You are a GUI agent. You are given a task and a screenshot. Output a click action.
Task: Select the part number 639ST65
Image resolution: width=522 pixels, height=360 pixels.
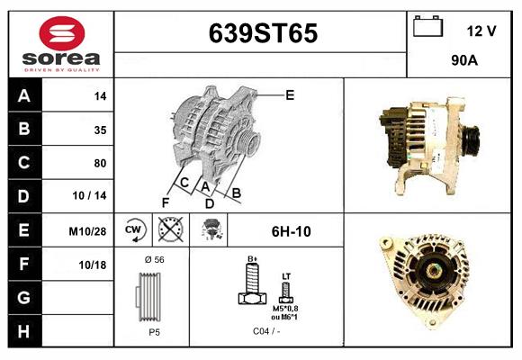point(263,34)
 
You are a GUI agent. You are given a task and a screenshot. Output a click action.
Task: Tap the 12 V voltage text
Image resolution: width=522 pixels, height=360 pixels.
point(481,31)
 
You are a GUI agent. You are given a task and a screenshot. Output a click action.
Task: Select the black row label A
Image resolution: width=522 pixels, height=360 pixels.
point(23,96)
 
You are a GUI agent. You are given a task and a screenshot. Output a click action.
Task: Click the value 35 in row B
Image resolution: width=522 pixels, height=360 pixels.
point(100,130)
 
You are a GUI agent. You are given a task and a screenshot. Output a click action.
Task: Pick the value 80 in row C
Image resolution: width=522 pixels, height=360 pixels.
point(100,163)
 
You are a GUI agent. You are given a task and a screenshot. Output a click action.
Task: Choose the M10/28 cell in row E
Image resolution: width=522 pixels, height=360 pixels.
point(88,231)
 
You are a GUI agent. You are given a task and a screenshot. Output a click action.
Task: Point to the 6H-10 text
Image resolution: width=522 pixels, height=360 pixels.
point(291,231)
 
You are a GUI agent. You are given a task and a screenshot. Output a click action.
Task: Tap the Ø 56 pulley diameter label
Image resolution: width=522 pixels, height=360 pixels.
point(154,259)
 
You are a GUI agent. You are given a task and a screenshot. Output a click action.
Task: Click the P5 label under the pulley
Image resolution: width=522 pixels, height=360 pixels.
point(154,332)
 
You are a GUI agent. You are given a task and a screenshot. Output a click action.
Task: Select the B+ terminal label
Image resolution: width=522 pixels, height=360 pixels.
point(254,259)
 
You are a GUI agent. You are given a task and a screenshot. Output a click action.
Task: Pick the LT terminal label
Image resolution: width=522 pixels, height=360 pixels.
point(286,275)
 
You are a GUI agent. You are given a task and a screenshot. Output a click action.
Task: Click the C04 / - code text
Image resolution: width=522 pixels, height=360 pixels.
point(266,332)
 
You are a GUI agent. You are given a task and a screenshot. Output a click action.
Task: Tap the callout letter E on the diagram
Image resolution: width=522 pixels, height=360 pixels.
point(290,94)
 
